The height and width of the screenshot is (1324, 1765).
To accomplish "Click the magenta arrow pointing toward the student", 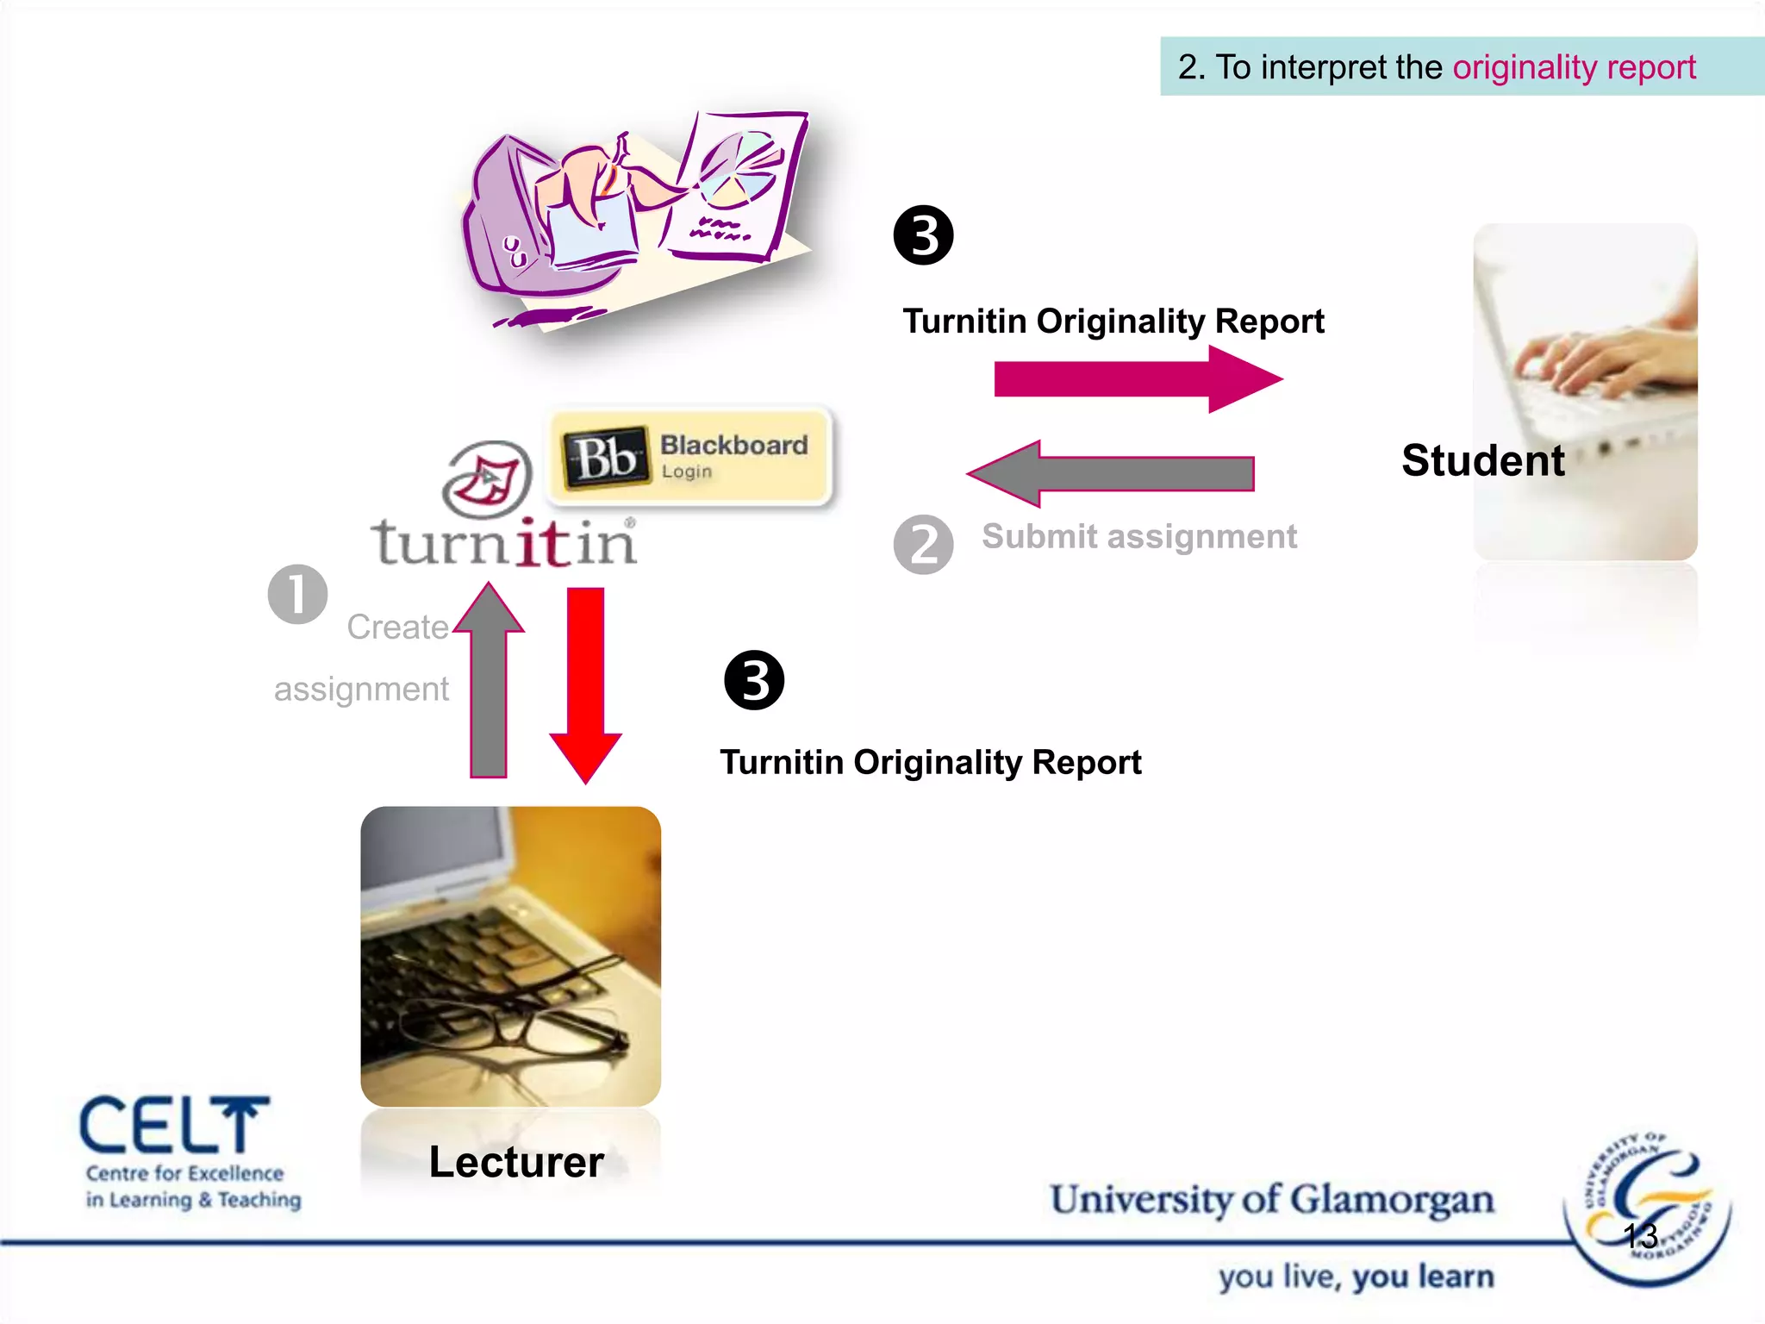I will (x=1138, y=379).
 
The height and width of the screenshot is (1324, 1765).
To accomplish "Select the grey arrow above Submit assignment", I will (x=1112, y=473).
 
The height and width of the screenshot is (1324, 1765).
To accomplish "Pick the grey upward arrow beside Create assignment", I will (x=489, y=681).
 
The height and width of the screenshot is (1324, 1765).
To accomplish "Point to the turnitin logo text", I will (x=504, y=543).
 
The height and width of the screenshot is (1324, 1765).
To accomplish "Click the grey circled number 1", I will (x=297, y=595).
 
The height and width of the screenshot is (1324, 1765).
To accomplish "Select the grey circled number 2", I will (x=923, y=545).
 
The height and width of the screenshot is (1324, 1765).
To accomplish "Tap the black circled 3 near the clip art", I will (x=923, y=235).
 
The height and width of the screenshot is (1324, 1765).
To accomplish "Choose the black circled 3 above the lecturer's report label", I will (x=754, y=681).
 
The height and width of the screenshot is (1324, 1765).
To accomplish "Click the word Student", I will (x=1482, y=460).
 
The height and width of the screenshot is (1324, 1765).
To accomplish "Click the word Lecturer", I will (x=516, y=1162).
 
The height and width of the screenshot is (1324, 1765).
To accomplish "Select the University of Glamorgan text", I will (x=1272, y=1200).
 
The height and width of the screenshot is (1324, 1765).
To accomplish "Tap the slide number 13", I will (x=1640, y=1236).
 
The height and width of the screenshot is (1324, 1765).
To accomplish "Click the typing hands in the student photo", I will (x=1594, y=362).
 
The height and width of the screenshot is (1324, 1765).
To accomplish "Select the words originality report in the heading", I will (x=1574, y=67).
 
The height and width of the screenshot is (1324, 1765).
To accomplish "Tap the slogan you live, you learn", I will (x=1356, y=1277).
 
